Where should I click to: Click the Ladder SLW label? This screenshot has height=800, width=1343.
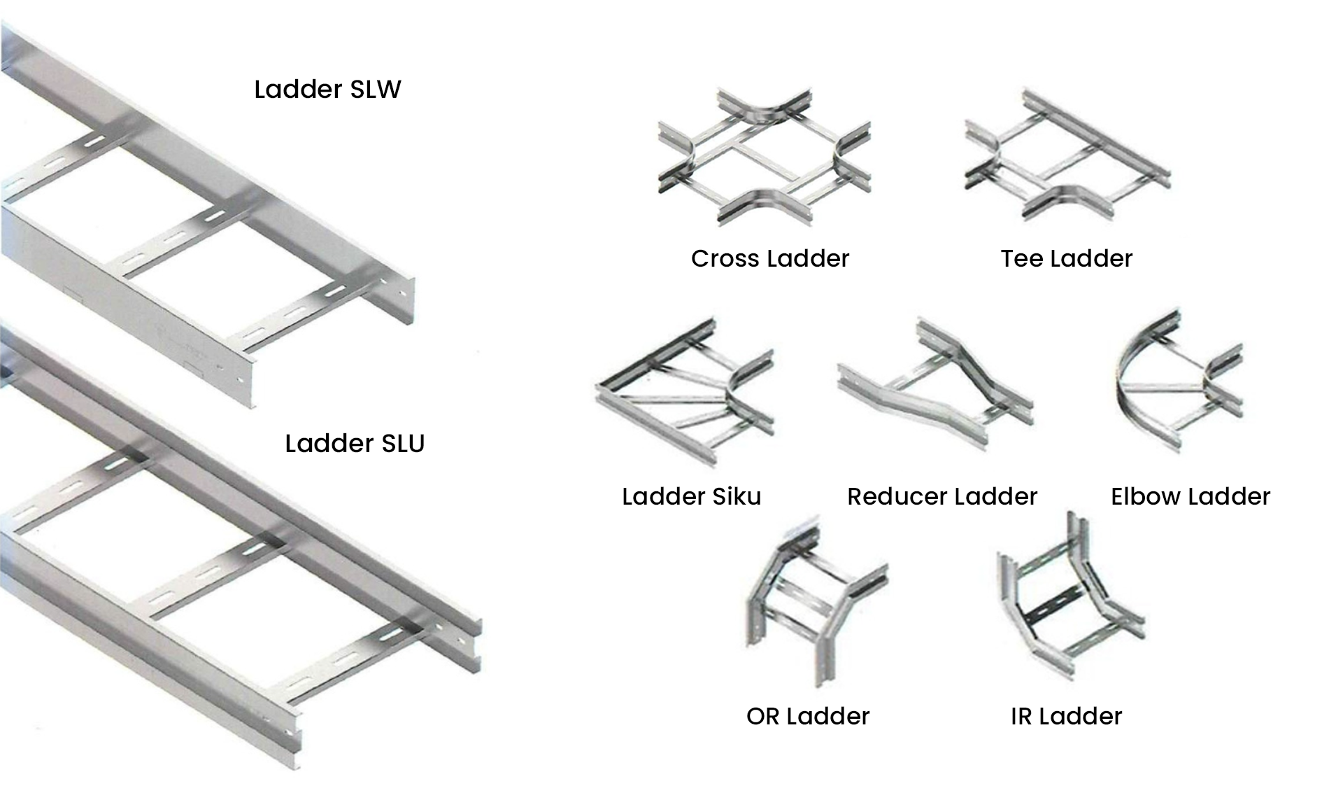point(327,90)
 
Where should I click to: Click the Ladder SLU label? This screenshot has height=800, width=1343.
point(355,444)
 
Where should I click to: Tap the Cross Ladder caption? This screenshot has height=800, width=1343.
point(769,259)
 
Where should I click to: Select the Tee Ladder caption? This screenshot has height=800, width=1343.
point(1066,259)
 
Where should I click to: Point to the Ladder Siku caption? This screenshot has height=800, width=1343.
point(691,497)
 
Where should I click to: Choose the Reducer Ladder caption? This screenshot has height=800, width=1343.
point(941,497)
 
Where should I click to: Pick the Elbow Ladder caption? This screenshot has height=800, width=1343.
point(1190,497)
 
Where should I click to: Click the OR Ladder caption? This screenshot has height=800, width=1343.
point(807,717)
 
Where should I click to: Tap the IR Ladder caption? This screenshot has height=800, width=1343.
point(1066,717)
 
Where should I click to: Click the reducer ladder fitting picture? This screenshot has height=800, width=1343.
point(936,385)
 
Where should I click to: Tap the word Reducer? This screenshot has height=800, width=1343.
point(897,497)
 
